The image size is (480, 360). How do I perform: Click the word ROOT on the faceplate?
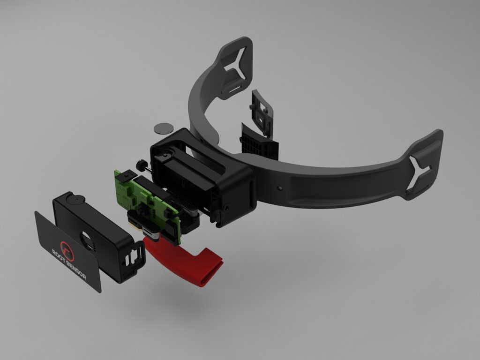coord(59,255)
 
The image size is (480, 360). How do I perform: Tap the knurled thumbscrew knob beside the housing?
coord(142,165)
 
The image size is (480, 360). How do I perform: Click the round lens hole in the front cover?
coord(87,240)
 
